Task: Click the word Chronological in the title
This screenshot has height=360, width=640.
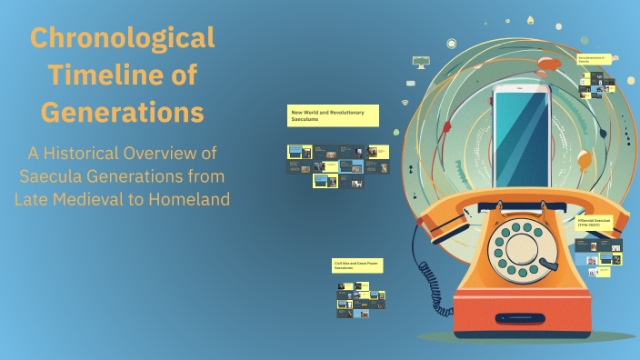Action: pos(123,38)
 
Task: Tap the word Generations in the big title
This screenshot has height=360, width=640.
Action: pos(123,113)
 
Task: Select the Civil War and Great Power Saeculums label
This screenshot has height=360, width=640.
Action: pos(355,265)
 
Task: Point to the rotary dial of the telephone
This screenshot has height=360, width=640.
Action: pos(520,245)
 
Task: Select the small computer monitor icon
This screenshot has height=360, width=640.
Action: pos(420,62)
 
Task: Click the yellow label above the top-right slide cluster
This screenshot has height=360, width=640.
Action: pos(594,60)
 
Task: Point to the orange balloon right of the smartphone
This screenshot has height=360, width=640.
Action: pos(583,161)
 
